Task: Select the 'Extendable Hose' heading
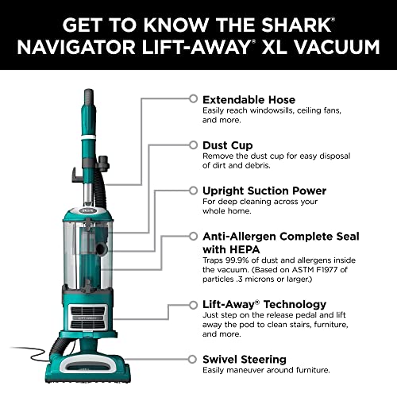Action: point(249,99)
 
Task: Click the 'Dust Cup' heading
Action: point(228,145)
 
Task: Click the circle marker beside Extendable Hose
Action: point(192,98)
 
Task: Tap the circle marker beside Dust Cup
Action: point(192,145)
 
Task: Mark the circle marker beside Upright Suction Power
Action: point(192,191)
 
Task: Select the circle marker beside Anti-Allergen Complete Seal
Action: point(192,237)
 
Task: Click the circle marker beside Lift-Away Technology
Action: point(192,304)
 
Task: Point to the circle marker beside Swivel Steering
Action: point(192,359)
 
